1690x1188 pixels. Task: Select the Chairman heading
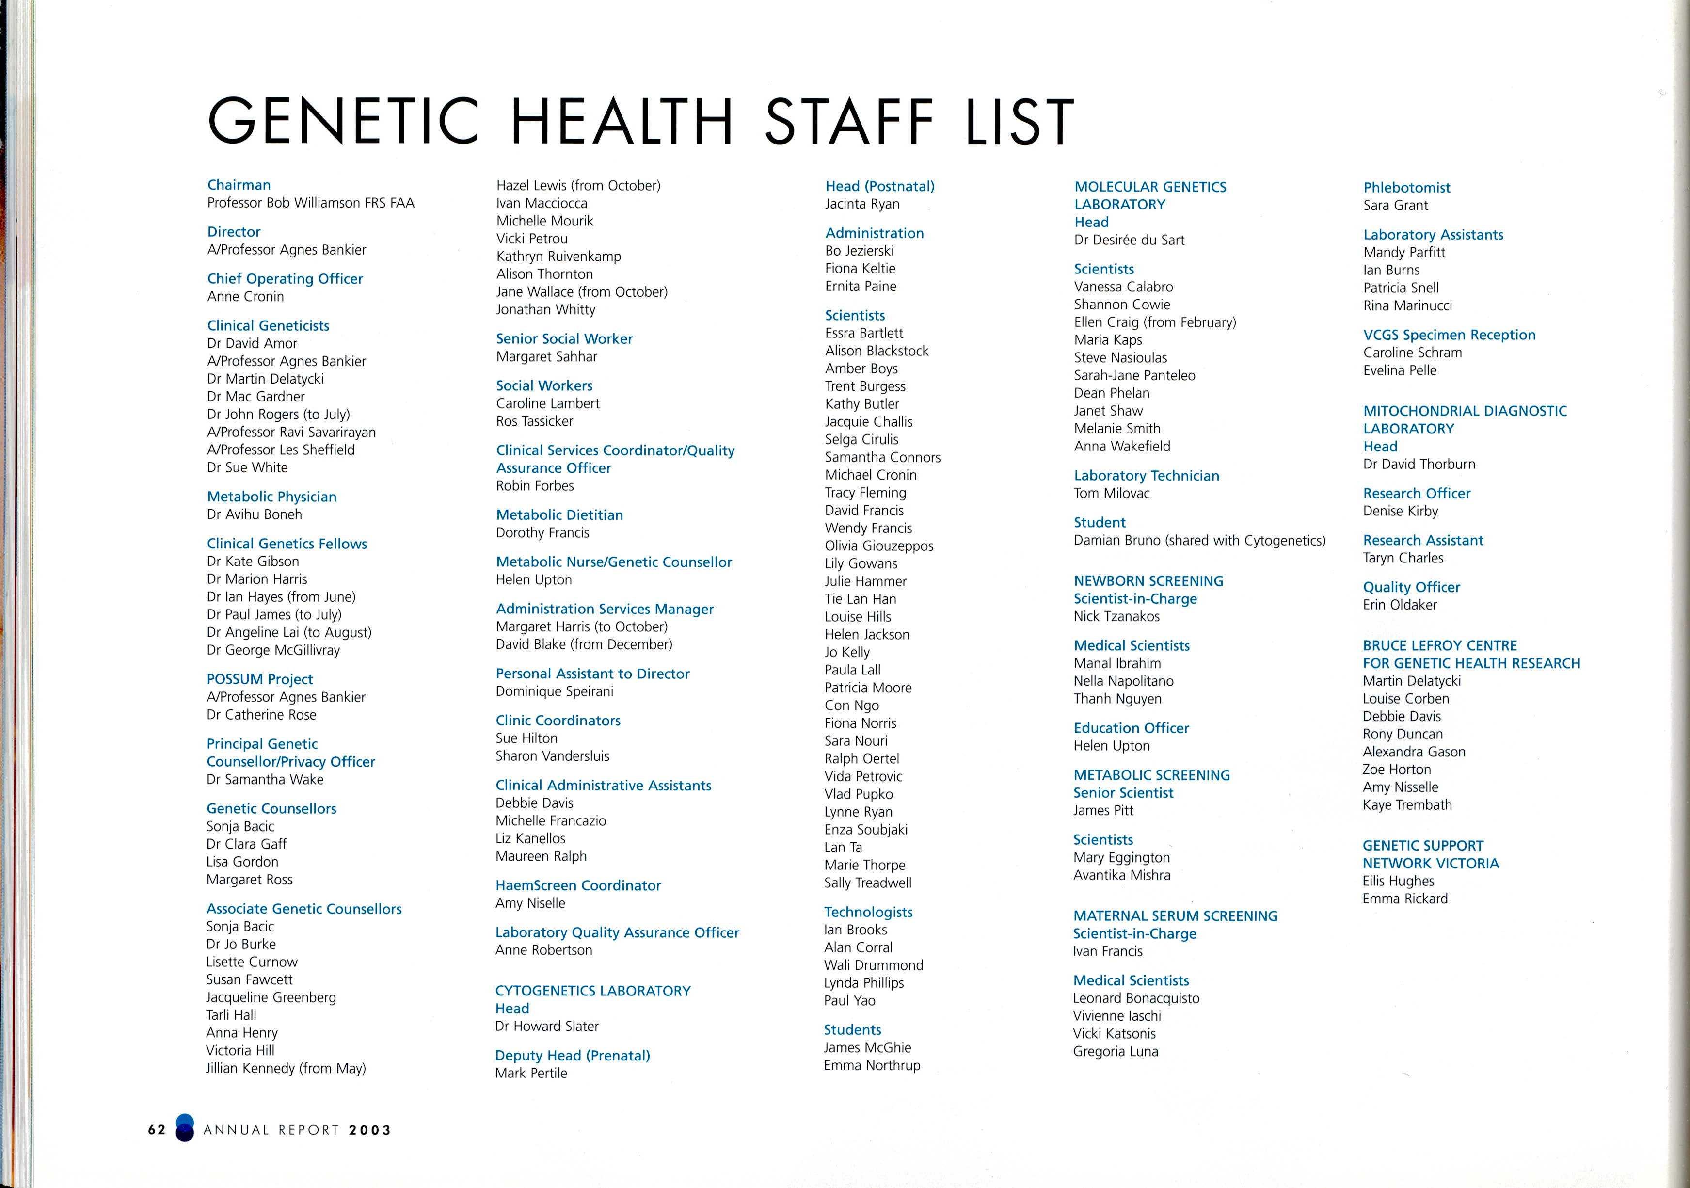pyautogui.click(x=239, y=185)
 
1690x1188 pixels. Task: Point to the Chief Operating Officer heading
pyautogui.click(x=285, y=278)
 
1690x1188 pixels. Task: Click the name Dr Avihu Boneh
pyautogui.click(x=255, y=514)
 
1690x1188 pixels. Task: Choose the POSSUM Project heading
pyautogui.click(x=260, y=679)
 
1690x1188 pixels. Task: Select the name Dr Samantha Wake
pyautogui.click(x=265, y=780)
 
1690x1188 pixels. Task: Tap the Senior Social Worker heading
pyautogui.click(x=565, y=338)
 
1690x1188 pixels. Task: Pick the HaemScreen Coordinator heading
pyautogui.click(x=578, y=885)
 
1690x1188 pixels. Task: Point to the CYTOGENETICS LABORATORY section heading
pyautogui.click(x=593, y=991)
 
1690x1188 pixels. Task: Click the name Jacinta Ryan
pyautogui.click(x=862, y=204)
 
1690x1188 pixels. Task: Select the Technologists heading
pyautogui.click(x=869, y=912)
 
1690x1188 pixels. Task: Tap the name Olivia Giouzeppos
pyautogui.click(x=879, y=546)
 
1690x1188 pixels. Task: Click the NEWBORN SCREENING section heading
pyautogui.click(x=1149, y=581)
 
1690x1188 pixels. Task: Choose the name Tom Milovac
pyautogui.click(x=1112, y=493)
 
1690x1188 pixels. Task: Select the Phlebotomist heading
pyautogui.click(x=1406, y=188)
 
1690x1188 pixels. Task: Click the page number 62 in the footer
pyautogui.click(x=157, y=1130)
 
